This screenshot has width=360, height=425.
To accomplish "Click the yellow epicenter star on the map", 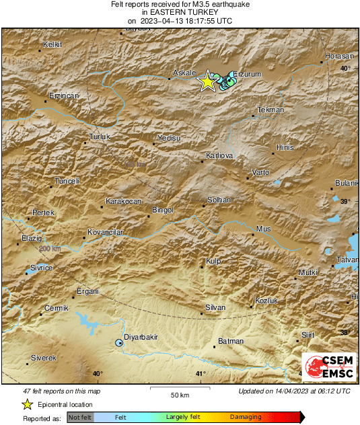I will coord(207,81).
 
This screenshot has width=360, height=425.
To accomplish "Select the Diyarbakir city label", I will coord(141,337).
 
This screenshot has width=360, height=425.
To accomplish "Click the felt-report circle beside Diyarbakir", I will coord(119,343).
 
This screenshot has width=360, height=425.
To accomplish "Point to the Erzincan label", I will coord(63,95).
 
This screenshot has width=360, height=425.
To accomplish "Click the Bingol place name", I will coord(164,210).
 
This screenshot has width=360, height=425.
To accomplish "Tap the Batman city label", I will coord(231,341).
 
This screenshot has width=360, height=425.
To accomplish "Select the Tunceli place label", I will coord(67,181).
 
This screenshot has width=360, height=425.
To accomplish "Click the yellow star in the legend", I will coord(27,404).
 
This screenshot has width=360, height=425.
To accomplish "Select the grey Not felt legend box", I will coord(79,418).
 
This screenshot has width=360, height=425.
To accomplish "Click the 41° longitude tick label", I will coord(199,374).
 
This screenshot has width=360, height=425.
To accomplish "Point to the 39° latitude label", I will coord(345,202).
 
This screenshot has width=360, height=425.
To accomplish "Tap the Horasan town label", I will coord(338,56).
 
